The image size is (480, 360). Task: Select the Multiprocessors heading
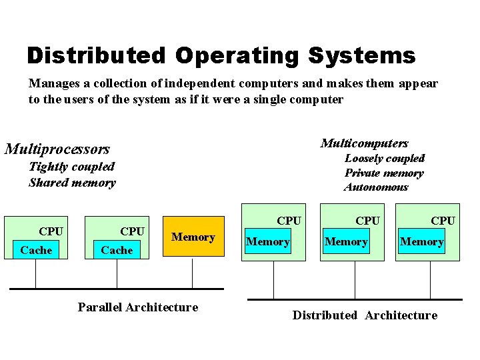point(57,149)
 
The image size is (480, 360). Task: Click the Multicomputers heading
point(364,143)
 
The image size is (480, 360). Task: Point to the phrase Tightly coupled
point(71,167)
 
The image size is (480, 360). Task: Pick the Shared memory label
point(72,183)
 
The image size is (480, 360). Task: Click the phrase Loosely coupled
point(384,159)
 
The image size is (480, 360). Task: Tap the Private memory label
point(383,173)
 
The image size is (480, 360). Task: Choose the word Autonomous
point(375,187)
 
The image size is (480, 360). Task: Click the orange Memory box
point(193,237)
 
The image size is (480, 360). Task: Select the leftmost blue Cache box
point(36,250)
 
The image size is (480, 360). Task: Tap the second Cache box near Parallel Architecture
point(117,250)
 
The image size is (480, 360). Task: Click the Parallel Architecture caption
point(138,307)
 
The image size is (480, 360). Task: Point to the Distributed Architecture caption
point(365,315)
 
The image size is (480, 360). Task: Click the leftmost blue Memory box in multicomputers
point(268,242)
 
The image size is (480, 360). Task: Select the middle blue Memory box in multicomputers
point(346,242)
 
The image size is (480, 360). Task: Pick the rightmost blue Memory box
point(421,242)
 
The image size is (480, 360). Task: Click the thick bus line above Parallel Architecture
point(117,289)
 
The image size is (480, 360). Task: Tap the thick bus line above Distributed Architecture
point(355,299)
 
